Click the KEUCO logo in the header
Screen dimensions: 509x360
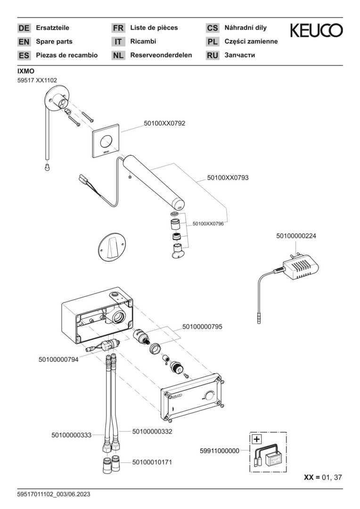(316, 31)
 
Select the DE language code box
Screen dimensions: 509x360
(24, 28)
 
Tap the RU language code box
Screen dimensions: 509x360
(213, 56)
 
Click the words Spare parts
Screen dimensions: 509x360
(54, 41)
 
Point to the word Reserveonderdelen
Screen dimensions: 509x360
(161, 55)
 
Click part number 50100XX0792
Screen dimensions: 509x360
(164, 123)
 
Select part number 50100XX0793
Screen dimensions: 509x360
(228, 178)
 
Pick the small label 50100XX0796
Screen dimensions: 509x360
(208, 224)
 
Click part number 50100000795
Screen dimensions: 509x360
(202, 326)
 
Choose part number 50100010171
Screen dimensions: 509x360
(152, 462)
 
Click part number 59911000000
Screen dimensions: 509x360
(219, 451)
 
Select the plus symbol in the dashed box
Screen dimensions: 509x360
(256, 439)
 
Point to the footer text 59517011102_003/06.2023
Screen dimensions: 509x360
(53, 494)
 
